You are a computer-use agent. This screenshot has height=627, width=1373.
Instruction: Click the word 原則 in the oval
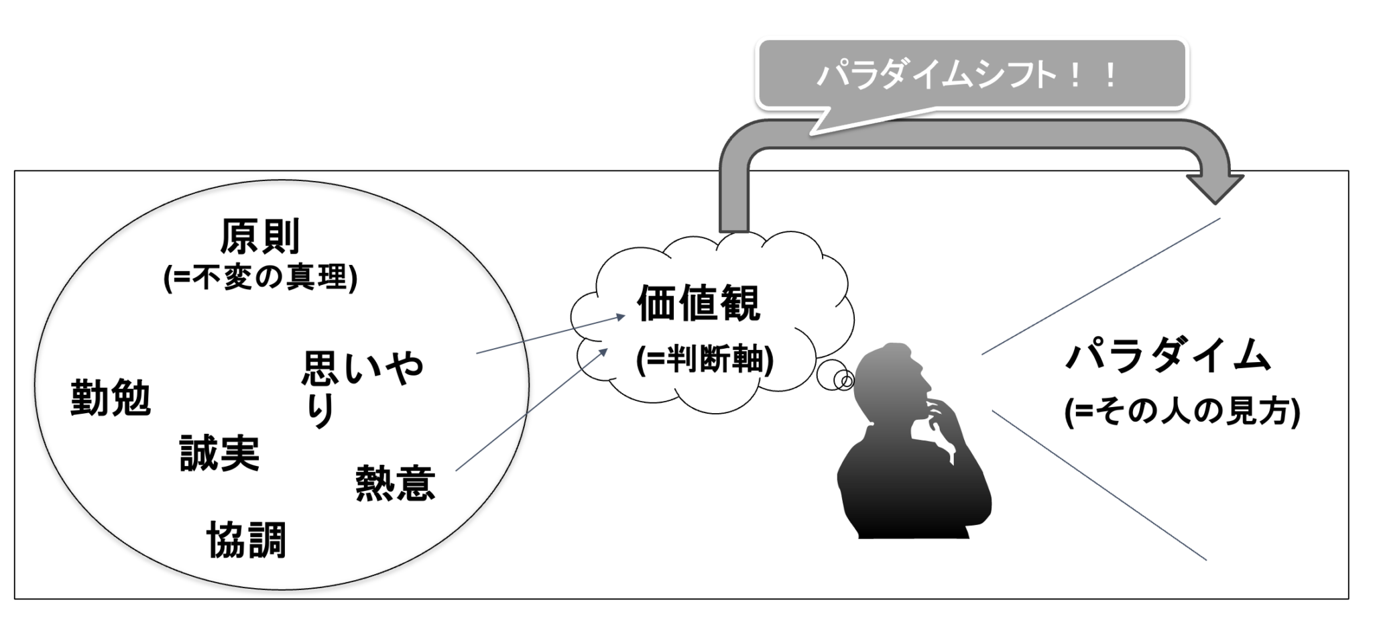click(x=260, y=237)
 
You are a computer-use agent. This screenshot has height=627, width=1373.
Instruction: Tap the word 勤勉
click(x=111, y=398)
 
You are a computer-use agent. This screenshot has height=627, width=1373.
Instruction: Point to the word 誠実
click(x=220, y=453)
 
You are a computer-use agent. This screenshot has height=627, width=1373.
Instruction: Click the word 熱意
click(x=396, y=483)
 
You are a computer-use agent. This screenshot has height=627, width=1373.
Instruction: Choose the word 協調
click(x=247, y=540)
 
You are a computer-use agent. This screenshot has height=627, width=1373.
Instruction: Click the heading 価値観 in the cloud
click(x=699, y=304)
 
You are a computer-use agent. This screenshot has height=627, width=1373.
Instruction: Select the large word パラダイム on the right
click(x=1168, y=355)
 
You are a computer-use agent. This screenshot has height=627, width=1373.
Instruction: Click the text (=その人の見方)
click(x=1182, y=412)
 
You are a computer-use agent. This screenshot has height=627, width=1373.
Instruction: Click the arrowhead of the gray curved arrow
click(x=1215, y=188)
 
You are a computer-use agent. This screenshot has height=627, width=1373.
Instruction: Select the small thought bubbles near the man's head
click(x=836, y=376)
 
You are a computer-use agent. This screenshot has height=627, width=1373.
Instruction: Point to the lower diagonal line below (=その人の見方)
click(x=1099, y=486)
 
